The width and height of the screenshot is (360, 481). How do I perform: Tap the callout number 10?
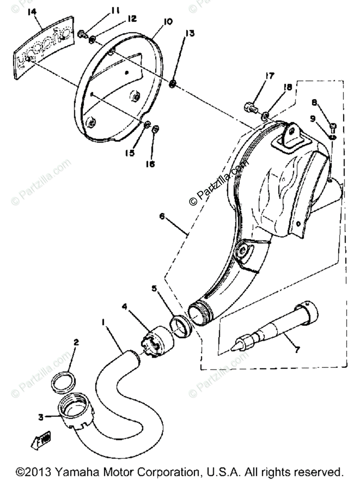pyautogui.click(x=167, y=22)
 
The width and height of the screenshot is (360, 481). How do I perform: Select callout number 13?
pyautogui.click(x=189, y=33)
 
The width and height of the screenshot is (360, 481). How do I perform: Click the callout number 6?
pyautogui.click(x=162, y=216)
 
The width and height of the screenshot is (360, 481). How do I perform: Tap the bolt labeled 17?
pyautogui.click(x=249, y=107)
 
